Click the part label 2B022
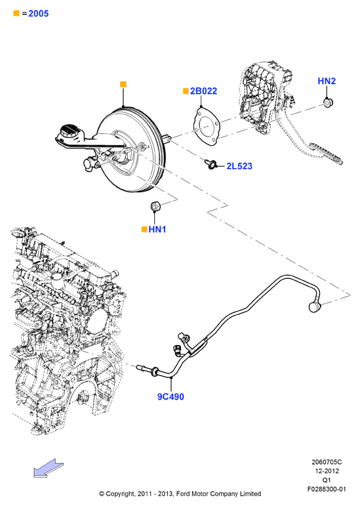(203, 91)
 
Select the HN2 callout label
(327, 81)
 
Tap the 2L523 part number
(239, 166)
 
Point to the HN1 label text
(157, 229)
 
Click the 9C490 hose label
(170, 396)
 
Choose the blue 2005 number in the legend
(39, 14)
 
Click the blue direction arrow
(49, 468)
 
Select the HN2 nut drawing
(329, 103)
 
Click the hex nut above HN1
(155, 205)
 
